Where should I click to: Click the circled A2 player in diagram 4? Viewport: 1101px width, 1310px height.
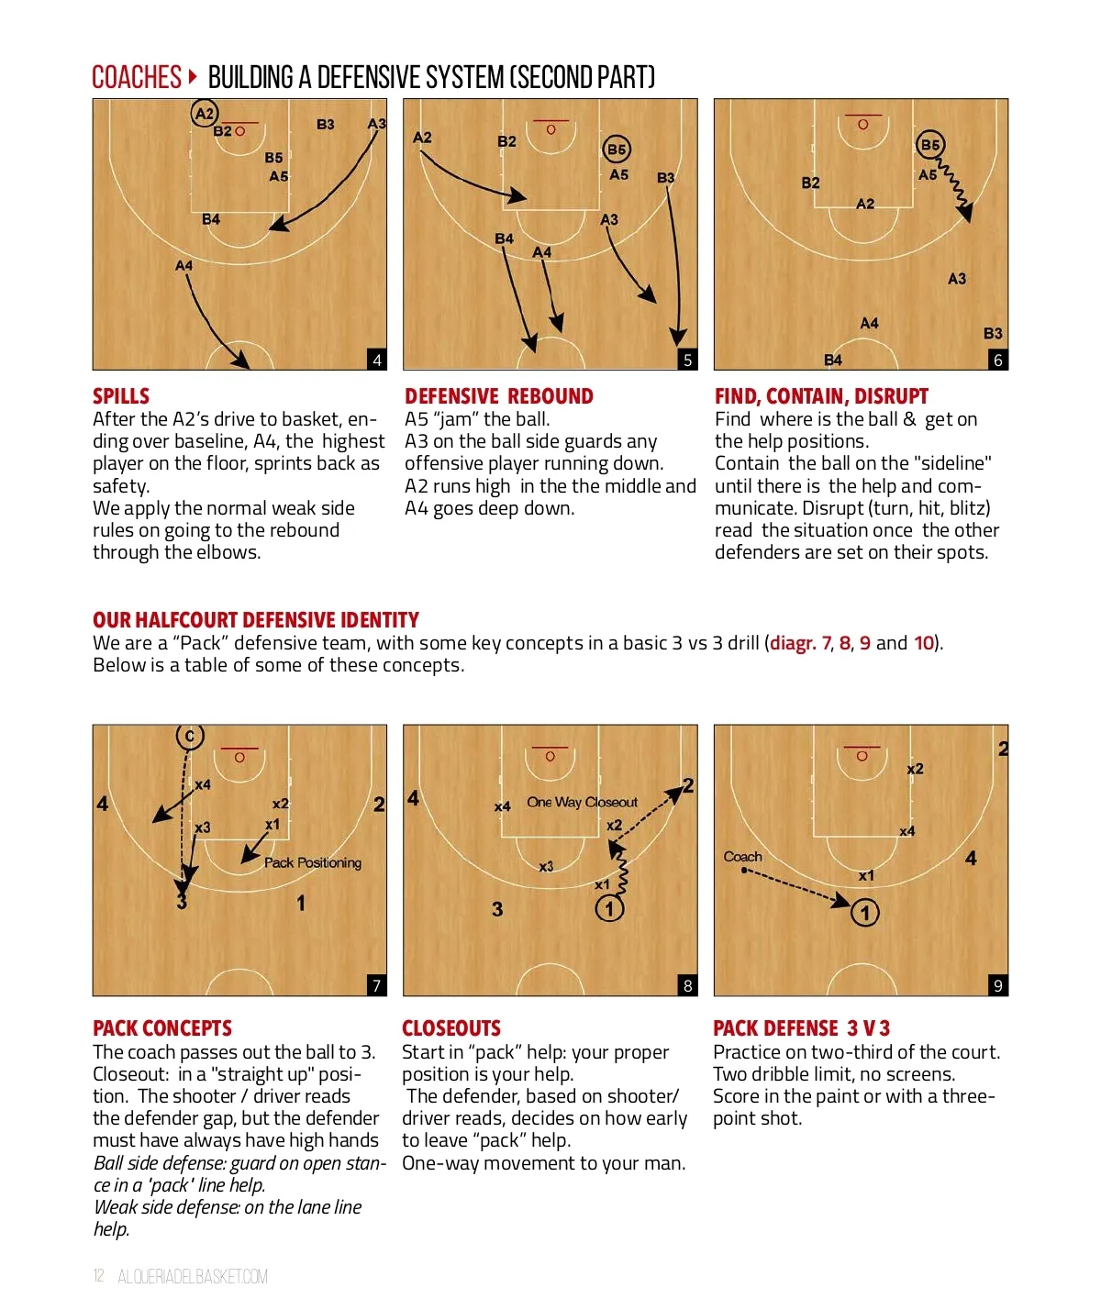coord(204,114)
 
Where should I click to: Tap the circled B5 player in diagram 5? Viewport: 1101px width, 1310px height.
coord(617,150)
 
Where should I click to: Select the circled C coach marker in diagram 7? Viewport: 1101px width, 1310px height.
coord(190,736)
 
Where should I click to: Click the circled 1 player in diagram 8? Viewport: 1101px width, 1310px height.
coord(609,908)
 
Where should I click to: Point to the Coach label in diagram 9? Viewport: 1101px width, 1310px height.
coord(742,857)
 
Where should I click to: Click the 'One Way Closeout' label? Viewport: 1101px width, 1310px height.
coord(582,802)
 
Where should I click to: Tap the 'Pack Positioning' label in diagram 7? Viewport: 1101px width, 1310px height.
coord(313,862)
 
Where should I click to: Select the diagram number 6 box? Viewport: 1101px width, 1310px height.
coord(998,361)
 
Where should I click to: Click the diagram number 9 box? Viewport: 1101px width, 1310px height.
coord(998,985)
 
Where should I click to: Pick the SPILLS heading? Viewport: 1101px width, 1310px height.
coord(121,396)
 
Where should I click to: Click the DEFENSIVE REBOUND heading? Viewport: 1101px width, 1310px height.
coord(499,396)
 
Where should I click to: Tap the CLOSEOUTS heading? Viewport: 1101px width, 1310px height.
coord(451,1028)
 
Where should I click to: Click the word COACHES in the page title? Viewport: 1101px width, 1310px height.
coord(137,77)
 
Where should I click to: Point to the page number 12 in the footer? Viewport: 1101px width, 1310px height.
coord(98,1276)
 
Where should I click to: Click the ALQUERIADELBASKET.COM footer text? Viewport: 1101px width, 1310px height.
coord(193,1276)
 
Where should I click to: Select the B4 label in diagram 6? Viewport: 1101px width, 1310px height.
coord(833,361)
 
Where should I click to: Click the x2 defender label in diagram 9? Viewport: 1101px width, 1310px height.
coord(915,769)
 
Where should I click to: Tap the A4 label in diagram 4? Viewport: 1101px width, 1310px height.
coord(183,265)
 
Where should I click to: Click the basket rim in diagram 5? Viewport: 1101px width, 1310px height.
coord(551,130)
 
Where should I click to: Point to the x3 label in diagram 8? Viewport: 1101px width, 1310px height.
coord(546,866)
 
